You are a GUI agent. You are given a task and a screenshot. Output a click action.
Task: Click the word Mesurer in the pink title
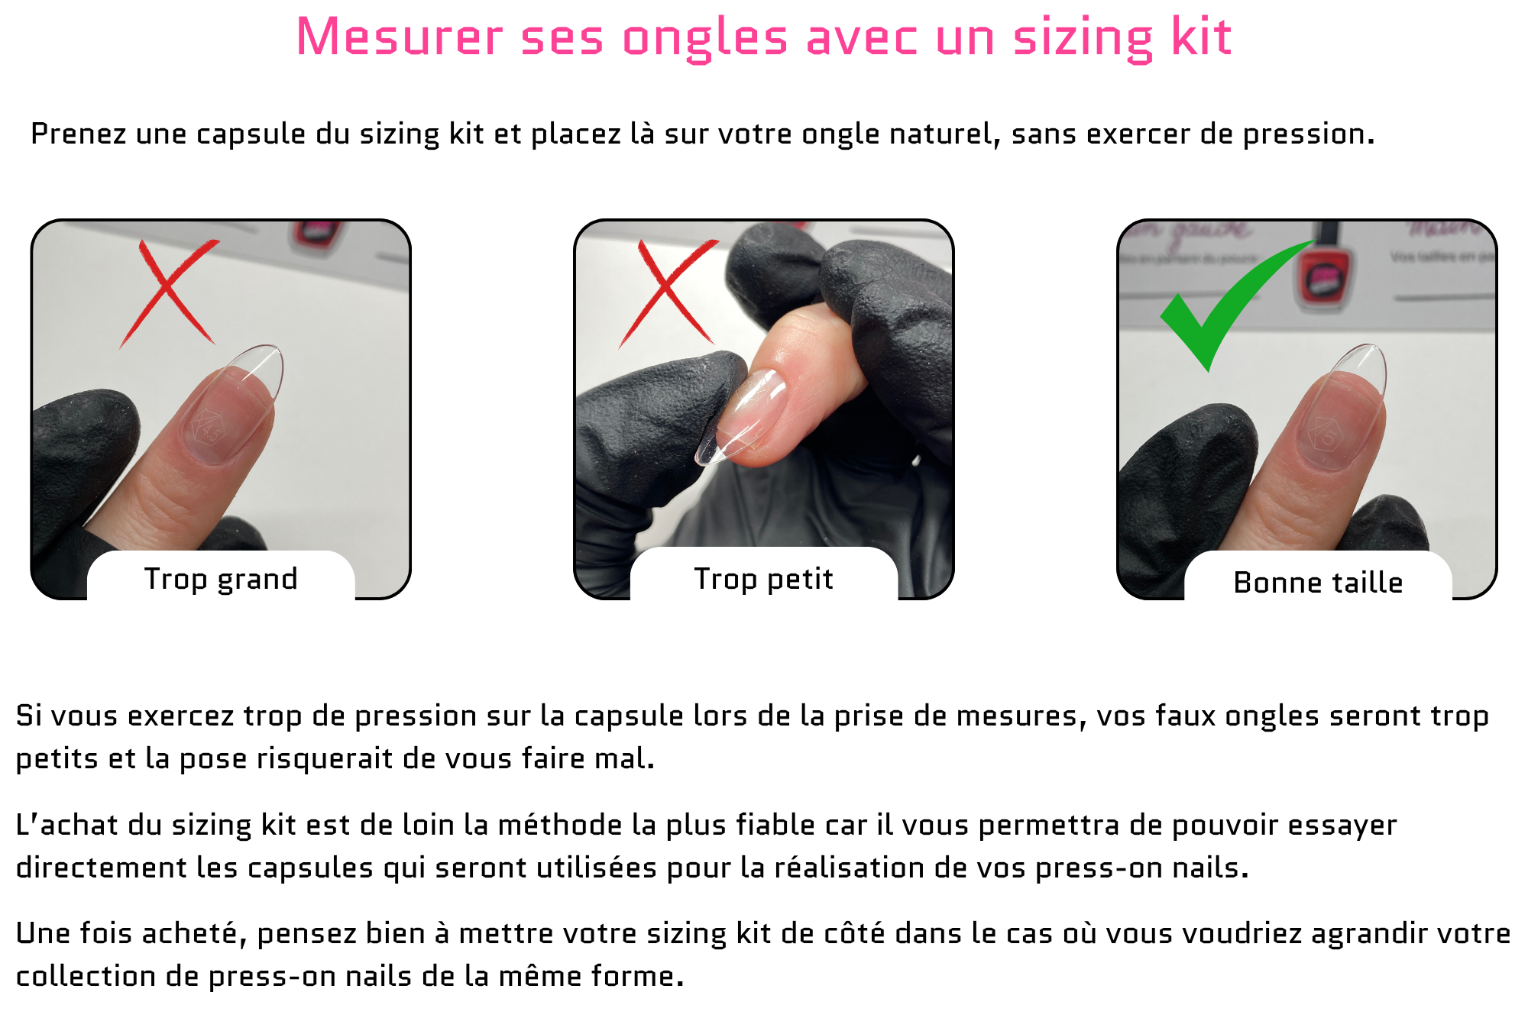tap(400, 37)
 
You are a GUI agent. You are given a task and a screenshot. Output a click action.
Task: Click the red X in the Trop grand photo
tap(169, 293)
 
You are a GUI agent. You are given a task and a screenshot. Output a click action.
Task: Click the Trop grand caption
tap(221, 580)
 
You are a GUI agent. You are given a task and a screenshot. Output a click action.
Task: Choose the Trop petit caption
tap(763, 580)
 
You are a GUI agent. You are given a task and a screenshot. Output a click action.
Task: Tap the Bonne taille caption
tap(1318, 583)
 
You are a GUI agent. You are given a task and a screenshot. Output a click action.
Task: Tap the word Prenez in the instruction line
tap(78, 134)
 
